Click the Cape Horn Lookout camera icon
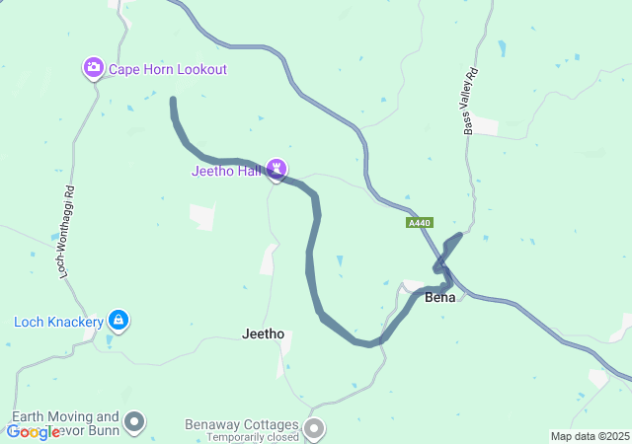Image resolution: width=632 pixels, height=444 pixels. click(x=94, y=68)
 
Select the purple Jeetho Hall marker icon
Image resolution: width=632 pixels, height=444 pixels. click(x=277, y=170)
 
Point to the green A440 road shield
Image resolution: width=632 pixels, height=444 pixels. click(x=419, y=224)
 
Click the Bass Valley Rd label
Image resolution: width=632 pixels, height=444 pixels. click(x=470, y=102)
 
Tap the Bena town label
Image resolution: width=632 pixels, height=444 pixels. click(x=439, y=297)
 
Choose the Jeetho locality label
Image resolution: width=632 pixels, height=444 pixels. click(x=263, y=333)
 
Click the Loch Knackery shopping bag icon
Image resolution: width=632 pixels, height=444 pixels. click(x=118, y=320)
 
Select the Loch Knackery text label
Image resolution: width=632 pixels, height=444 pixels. click(x=59, y=321)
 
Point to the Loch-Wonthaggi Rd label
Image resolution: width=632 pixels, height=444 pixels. click(x=68, y=230)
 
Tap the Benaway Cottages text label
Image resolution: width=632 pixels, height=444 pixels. click(x=241, y=424)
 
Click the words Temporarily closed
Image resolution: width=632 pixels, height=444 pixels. click(x=241, y=436)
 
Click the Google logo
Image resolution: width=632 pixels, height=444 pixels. click(x=33, y=432)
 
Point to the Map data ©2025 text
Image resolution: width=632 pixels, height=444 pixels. click(x=590, y=436)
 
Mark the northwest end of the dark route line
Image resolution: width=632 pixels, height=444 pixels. click(x=174, y=101)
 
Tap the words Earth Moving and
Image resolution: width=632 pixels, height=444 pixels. click(x=65, y=417)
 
